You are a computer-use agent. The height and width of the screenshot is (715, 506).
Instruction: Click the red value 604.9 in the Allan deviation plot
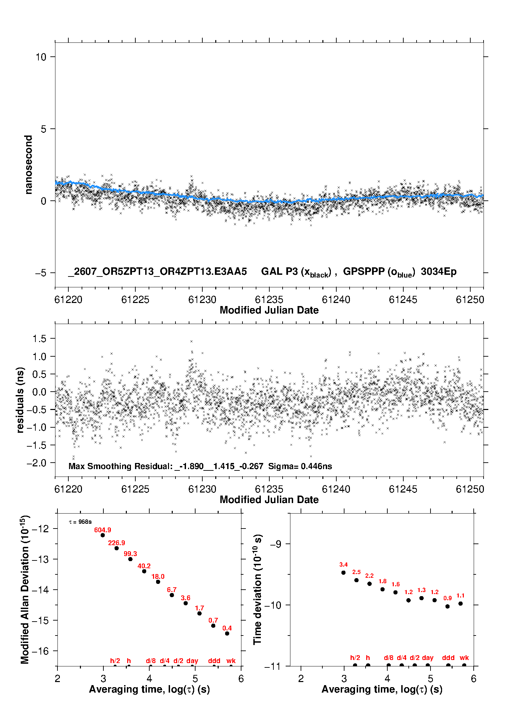pyautogui.click(x=103, y=530)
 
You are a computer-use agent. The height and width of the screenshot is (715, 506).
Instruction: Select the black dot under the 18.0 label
pyautogui.click(x=158, y=582)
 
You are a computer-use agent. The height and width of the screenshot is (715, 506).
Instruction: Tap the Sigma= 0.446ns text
pyautogui.click(x=300, y=466)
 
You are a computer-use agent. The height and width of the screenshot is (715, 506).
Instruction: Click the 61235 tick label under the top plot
pyautogui.click(x=269, y=300)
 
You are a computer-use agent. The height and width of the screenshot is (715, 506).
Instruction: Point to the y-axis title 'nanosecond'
pyautogui.click(x=28, y=164)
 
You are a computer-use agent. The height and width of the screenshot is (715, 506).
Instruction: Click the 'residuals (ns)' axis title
pyautogui.click(x=20, y=400)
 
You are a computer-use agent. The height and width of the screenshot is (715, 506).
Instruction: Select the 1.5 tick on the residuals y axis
pyautogui.click(x=39, y=338)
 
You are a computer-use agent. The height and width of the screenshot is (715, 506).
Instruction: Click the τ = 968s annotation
pyautogui.click(x=80, y=522)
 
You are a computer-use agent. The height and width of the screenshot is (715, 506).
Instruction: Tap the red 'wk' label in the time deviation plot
pyautogui.click(x=464, y=658)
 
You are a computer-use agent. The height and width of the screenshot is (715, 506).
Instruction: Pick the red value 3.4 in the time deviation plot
pyautogui.click(x=343, y=565)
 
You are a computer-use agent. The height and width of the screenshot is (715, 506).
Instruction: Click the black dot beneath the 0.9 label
pyautogui.click(x=448, y=606)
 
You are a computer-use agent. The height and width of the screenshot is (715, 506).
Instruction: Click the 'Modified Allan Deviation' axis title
pyautogui.click(x=25, y=589)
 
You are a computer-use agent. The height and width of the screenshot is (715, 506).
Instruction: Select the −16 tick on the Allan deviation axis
pyautogui.click(x=40, y=651)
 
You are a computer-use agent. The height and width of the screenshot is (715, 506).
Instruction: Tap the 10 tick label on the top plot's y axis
pyautogui.click(x=41, y=57)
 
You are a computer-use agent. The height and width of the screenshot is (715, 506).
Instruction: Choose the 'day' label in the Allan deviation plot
pyautogui.click(x=192, y=661)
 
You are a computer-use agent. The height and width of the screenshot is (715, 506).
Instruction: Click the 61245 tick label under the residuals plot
pyautogui.click(x=403, y=489)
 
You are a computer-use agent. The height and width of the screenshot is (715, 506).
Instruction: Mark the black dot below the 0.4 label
pyautogui.click(x=227, y=633)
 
